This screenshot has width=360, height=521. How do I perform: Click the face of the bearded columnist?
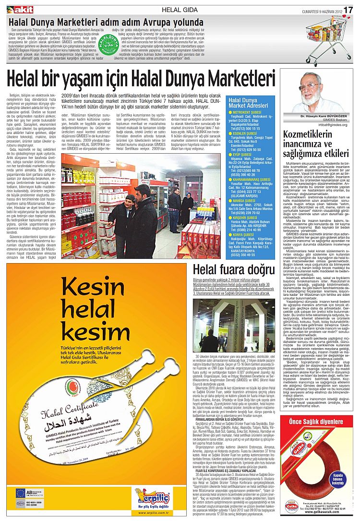(x=314, y=91)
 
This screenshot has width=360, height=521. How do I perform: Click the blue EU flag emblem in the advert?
(x=20, y=493)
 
